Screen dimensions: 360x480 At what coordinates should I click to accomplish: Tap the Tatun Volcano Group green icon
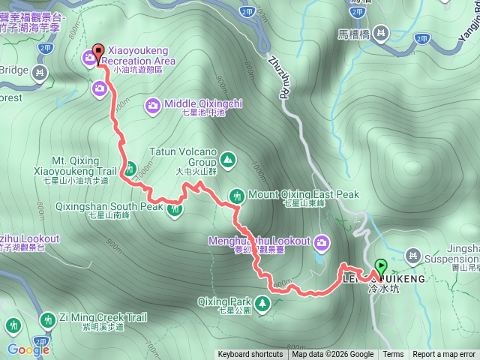[x=227, y=158]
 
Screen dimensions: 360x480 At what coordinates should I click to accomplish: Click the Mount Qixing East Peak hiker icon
[x=237, y=195]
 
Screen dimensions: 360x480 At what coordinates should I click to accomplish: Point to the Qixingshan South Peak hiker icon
[x=175, y=208]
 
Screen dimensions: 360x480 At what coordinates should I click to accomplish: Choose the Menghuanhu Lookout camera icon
[x=322, y=241]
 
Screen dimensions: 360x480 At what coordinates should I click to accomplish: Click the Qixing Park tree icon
[x=262, y=303]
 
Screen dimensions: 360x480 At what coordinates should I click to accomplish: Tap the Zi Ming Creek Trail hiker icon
[x=47, y=319]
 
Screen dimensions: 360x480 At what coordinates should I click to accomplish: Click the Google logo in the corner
[x=28, y=349]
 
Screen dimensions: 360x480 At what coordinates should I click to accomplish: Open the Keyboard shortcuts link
[x=250, y=355]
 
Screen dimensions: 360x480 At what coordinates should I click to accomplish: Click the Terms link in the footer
[x=393, y=355]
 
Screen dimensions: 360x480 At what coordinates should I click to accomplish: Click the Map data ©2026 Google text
[x=333, y=355]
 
